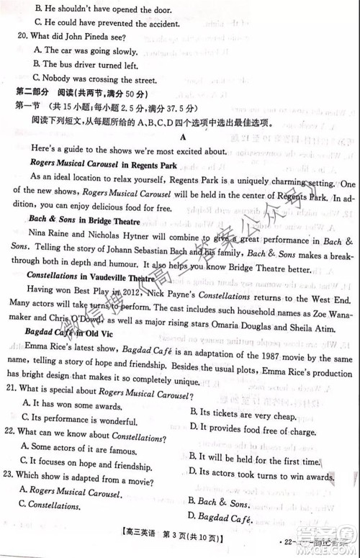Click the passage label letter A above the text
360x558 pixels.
[184, 135]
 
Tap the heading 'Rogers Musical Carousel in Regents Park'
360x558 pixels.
[104, 165]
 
